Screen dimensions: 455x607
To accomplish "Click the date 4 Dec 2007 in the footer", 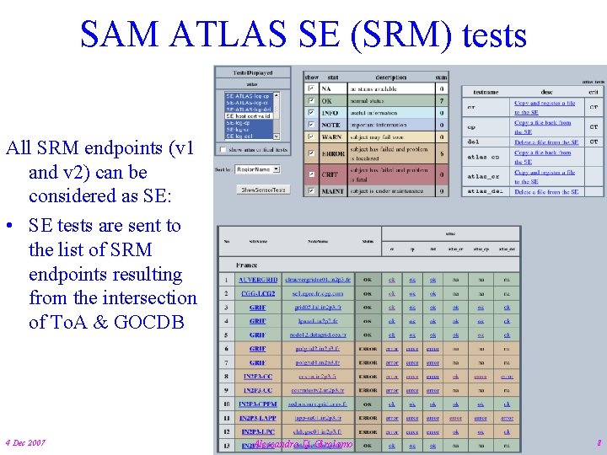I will tap(25, 443).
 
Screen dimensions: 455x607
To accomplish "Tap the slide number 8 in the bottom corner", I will tap(598, 442).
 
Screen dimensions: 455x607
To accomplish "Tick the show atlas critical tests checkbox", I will tap(222, 150).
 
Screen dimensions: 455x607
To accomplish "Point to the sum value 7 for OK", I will tap(442, 100).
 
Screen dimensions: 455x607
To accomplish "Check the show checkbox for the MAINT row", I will tap(311, 191).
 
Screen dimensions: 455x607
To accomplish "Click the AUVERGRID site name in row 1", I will tap(257, 280).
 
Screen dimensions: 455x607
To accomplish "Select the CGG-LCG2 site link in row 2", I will tap(257, 293).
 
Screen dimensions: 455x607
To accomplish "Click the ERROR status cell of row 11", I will tap(368, 417).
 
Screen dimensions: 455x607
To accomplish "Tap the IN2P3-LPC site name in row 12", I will tap(258, 431).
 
